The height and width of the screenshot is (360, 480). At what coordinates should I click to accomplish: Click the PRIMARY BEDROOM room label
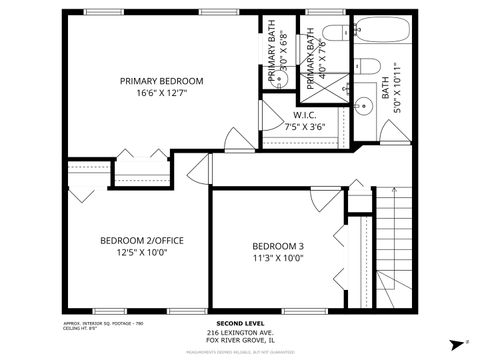162,80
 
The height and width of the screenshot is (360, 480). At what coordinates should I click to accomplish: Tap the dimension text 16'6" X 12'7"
162,93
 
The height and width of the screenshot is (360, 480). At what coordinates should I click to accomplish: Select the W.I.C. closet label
305,115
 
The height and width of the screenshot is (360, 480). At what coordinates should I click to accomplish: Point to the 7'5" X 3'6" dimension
305,127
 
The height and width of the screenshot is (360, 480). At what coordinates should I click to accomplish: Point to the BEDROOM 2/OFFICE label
141,240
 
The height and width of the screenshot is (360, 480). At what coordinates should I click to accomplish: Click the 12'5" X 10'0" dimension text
141,253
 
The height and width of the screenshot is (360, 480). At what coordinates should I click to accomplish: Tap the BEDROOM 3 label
277,246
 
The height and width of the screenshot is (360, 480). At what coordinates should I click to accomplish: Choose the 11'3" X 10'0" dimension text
277,258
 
